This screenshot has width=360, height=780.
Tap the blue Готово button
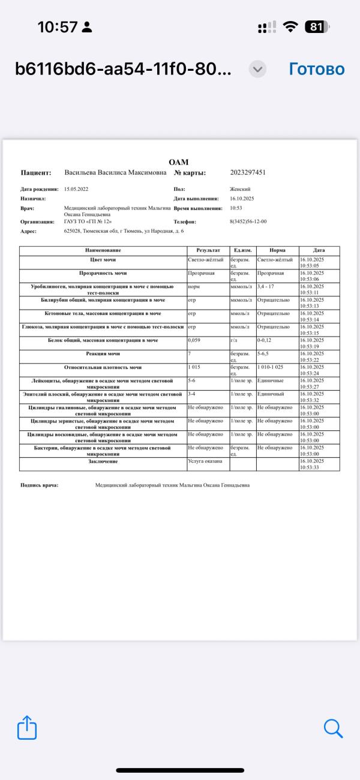tap(316, 69)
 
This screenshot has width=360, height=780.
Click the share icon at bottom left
tap(27, 728)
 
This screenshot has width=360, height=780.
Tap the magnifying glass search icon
tap(333, 728)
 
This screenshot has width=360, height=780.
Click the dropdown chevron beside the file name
tap(257, 69)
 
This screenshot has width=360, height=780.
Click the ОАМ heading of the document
tap(179, 162)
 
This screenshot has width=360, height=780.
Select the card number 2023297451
tap(248, 173)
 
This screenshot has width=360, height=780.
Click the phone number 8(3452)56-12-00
tap(248, 221)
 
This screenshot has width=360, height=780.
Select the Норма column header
tap(277, 250)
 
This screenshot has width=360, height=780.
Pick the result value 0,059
tap(194, 340)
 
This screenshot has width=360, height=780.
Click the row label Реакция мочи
tap(103, 354)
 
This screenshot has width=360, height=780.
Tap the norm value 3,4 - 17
tap(265, 286)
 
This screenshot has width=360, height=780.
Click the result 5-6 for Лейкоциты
tap(192, 380)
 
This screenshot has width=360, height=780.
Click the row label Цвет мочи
tap(103, 260)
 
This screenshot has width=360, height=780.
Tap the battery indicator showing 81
tap(316, 27)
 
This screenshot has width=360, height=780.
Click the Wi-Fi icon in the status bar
tap(291, 27)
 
